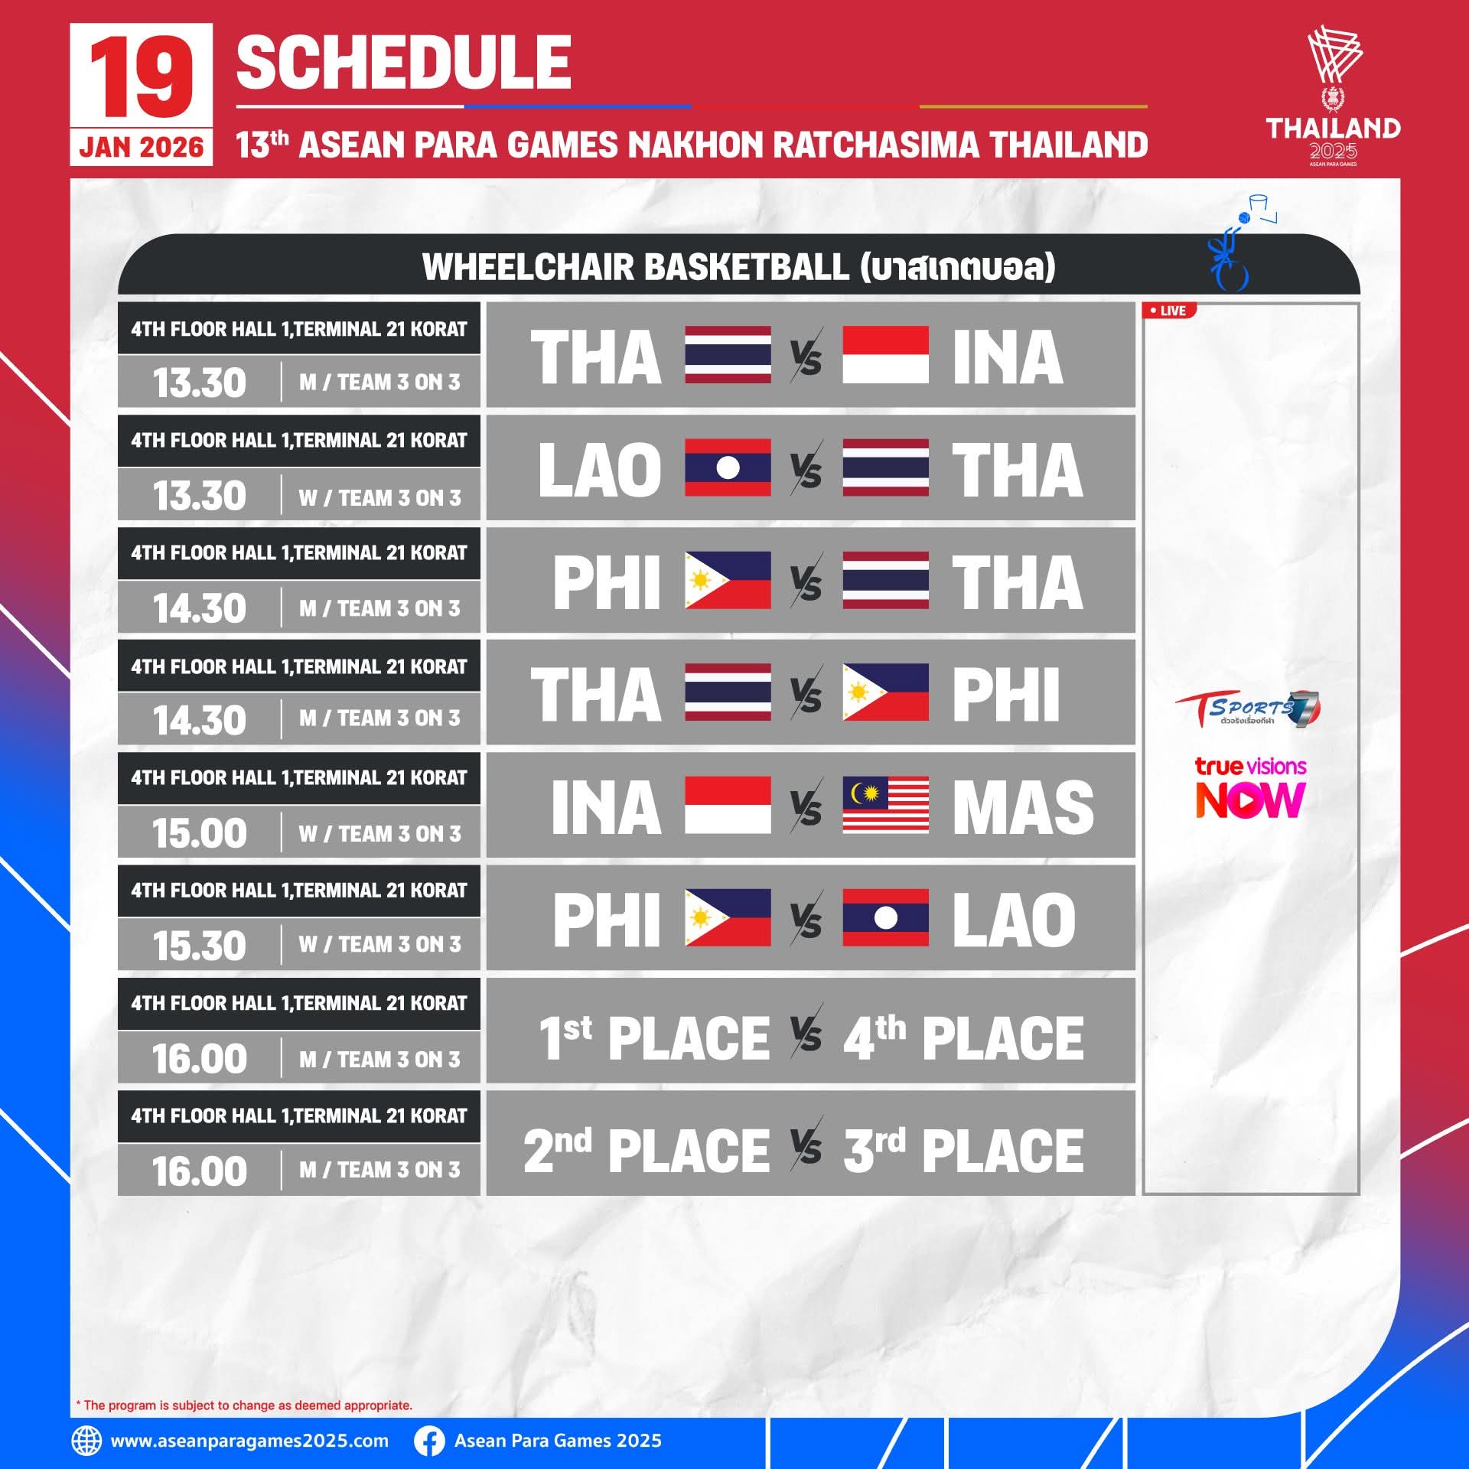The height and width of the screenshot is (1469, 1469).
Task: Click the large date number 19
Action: pos(141,77)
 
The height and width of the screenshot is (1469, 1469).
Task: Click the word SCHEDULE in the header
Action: pos(404,64)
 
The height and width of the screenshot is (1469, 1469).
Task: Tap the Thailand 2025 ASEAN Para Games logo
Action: pos(1333,96)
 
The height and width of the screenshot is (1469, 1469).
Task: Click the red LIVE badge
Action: pos(1168,311)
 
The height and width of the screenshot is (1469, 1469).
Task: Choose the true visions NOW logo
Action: pos(1250,788)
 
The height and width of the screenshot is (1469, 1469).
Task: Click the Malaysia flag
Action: pos(885,806)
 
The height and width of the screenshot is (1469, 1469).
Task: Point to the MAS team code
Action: pos(1023,807)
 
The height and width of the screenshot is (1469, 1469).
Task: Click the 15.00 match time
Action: pos(200,833)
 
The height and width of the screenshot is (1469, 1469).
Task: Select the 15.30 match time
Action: pos(200,946)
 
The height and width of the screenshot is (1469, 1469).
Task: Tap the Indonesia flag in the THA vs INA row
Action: pos(885,355)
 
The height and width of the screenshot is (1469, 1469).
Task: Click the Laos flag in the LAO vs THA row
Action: pos(728,467)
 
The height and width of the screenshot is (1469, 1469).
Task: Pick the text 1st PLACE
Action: pos(654,1038)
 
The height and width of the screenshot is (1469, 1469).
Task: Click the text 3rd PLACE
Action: pos(963,1151)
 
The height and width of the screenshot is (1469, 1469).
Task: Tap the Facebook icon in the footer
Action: pos(429,1441)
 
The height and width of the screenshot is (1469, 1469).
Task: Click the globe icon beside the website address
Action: pos(86,1441)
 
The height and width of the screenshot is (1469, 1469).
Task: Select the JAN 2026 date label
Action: pos(142,147)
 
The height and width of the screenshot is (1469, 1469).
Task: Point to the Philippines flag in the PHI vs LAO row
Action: pos(728,917)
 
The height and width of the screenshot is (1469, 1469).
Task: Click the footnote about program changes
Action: pos(244,1405)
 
